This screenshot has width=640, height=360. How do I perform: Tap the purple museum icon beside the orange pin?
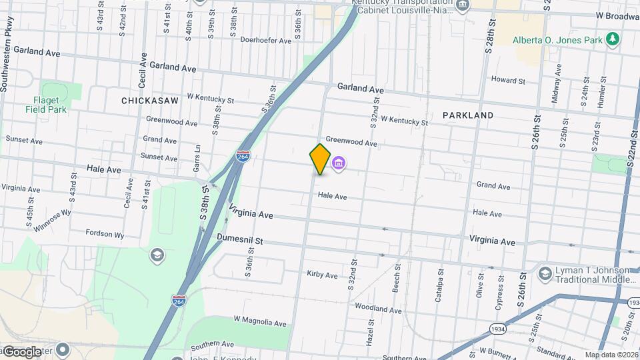click(x=338, y=163)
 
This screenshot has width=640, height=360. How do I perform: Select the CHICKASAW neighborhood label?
click(x=150, y=101)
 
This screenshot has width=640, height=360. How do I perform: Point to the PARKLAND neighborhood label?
click(x=467, y=115)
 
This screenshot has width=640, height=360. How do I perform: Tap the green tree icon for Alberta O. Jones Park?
click(x=613, y=39)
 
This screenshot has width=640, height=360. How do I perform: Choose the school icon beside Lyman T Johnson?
click(x=545, y=273)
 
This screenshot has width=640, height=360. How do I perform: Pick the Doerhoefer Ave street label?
click(x=266, y=41)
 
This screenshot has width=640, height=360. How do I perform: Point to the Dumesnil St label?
click(x=240, y=239)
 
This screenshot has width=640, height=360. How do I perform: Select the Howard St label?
click(x=508, y=80)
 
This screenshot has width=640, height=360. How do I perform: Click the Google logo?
click(x=22, y=351)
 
